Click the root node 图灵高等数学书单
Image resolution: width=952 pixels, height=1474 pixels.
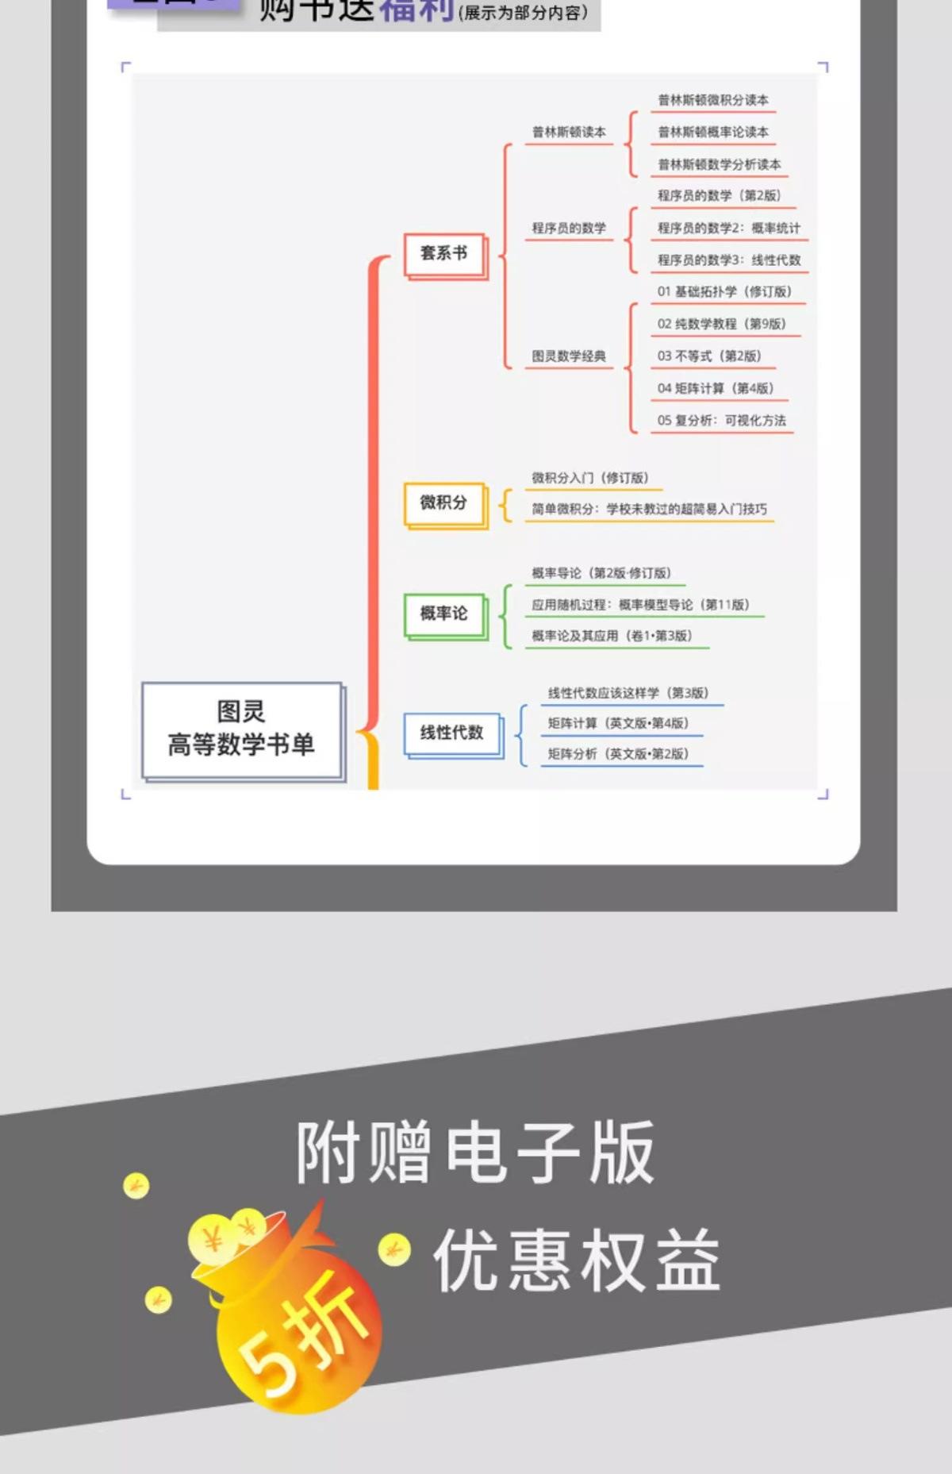[x=241, y=729]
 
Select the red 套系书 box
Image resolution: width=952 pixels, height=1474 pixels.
[x=443, y=253]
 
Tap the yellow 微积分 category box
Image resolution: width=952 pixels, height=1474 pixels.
[x=443, y=502]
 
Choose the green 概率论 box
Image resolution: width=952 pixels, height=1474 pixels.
[x=443, y=614]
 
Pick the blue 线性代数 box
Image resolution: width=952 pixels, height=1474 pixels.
[x=451, y=733]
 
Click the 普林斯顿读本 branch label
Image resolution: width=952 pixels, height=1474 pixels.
[x=569, y=133]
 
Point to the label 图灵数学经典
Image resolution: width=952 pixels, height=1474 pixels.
[x=569, y=356]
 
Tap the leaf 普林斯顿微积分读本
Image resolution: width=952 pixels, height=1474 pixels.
[x=712, y=101]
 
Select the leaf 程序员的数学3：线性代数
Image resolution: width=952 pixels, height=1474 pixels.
[x=728, y=260]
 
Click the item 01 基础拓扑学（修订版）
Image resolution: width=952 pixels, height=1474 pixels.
[x=724, y=292]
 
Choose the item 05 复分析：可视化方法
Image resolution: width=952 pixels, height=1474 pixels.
[x=721, y=421]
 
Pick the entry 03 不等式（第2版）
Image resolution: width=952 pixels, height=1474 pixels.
[x=708, y=356]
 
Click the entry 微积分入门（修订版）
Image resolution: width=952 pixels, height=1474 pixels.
[x=590, y=478]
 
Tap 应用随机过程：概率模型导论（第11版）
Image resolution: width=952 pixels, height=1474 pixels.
[x=640, y=605]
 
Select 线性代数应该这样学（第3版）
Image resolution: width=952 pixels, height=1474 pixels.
[x=628, y=693]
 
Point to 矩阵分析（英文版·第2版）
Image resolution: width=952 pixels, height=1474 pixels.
[x=618, y=754]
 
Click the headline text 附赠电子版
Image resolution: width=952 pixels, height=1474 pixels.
[x=474, y=1153]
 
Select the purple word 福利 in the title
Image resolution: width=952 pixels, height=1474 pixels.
[x=417, y=10]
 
